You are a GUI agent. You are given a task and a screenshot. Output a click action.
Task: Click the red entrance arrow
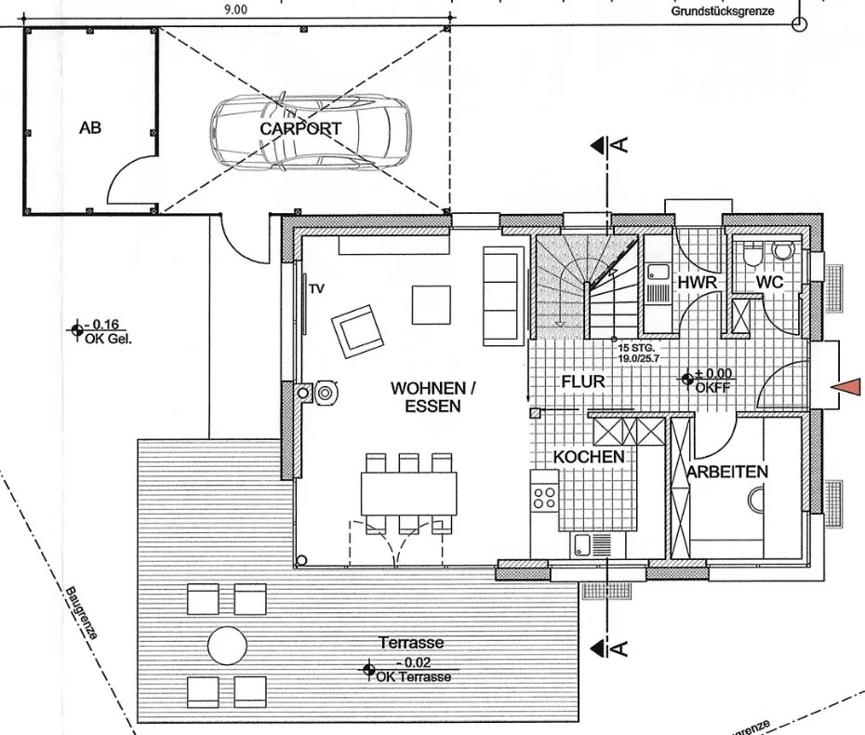(x=845, y=386)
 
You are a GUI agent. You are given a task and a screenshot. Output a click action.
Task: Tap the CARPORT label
(x=300, y=128)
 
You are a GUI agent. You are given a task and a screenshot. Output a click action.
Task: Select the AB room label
(x=90, y=127)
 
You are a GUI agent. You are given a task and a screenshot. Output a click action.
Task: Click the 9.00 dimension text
(x=236, y=9)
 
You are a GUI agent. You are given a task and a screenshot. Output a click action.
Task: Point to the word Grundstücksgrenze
(x=723, y=11)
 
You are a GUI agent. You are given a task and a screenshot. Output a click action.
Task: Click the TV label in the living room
(x=316, y=288)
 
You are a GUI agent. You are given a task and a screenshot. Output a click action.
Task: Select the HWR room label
(x=698, y=283)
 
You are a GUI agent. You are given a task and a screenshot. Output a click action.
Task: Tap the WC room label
(x=769, y=282)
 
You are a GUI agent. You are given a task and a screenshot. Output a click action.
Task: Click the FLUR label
(x=583, y=381)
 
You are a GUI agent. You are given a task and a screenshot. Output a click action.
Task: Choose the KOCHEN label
(x=589, y=457)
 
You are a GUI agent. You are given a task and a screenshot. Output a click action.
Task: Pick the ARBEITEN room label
(x=727, y=472)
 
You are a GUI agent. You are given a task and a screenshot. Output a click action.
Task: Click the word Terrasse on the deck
(x=411, y=642)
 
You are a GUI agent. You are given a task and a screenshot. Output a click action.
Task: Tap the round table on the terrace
(x=227, y=645)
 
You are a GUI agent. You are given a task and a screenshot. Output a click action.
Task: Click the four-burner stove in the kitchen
(x=544, y=497)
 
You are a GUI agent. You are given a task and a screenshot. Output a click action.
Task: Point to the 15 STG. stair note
(x=636, y=348)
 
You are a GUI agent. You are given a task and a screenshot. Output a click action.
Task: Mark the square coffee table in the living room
(x=432, y=304)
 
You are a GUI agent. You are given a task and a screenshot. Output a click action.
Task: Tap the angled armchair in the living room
(x=357, y=331)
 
